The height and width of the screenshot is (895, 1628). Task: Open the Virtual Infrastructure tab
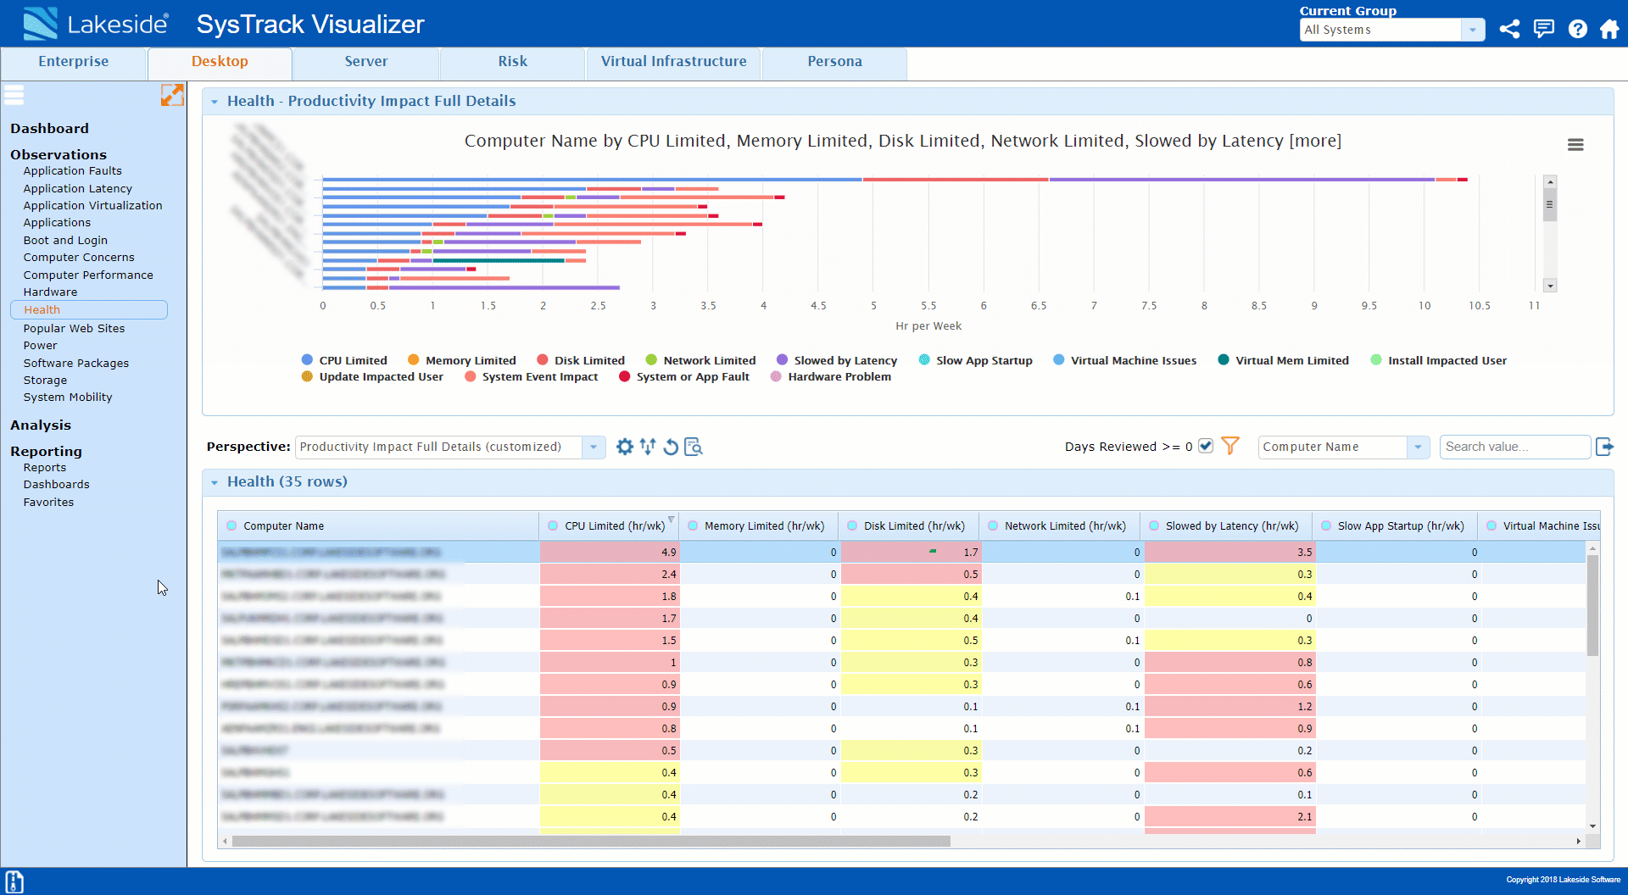click(x=673, y=62)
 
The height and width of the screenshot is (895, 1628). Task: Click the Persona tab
click(x=834, y=62)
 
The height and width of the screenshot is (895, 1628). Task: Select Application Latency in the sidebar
click(x=77, y=188)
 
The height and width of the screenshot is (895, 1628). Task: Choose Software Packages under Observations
click(x=75, y=363)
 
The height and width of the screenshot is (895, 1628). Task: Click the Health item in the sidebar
click(x=42, y=309)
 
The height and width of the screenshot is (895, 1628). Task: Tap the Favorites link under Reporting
click(x=48, y=502)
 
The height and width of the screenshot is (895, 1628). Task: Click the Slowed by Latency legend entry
click(x=845, y=360)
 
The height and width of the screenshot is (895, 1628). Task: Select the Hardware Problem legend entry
click(x=839, y=377)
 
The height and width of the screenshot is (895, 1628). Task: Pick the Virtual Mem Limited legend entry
click(x=1291, y=360)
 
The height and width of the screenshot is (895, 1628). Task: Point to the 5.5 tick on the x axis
click(x=928, y=306)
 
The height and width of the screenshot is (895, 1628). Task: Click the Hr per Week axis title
click(x=928, y=326)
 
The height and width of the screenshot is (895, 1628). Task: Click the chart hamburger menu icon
click(x=1575, y=145)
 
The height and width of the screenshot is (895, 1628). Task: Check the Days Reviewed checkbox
click(x=1206, y=446)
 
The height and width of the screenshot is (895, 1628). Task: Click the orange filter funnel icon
click(x=1230, y=446)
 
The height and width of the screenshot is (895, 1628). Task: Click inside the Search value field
click(x=1514, y=447)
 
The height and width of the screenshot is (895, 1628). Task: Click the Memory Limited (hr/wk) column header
click(x=763, y=525)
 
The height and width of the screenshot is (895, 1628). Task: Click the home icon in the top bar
click(x=1608, y=30)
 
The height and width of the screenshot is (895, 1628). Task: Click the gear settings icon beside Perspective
click(x=625, y=447)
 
